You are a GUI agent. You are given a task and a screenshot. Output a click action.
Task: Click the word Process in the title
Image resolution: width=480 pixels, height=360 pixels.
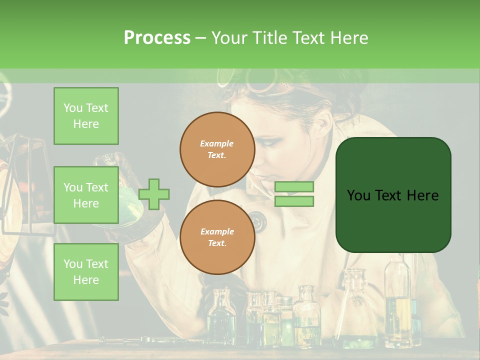[157, 37]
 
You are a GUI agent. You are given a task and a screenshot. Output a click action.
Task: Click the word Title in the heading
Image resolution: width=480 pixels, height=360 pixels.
[271, 37]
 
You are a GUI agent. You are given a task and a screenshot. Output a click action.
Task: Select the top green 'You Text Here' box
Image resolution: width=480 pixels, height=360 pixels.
[86, 116]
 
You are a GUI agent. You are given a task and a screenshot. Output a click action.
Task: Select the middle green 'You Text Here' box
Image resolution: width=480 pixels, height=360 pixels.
[86, 195]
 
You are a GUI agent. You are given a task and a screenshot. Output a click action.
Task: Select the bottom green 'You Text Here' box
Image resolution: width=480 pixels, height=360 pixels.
[86, 271]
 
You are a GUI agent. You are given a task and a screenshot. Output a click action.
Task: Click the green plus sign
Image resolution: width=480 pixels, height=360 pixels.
[154, 194]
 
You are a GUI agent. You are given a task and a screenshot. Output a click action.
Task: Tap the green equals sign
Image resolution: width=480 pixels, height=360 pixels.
[294, 194]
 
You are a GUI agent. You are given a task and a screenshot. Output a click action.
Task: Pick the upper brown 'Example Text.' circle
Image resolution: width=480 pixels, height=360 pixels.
[217, 149]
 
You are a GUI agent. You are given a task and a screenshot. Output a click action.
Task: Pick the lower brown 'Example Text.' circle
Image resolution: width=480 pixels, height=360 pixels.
[217, 237]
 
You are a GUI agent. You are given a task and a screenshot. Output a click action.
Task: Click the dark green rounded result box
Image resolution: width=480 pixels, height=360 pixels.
[393, 195]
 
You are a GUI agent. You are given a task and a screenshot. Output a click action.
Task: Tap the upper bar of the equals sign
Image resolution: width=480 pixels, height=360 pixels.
[294, 187]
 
